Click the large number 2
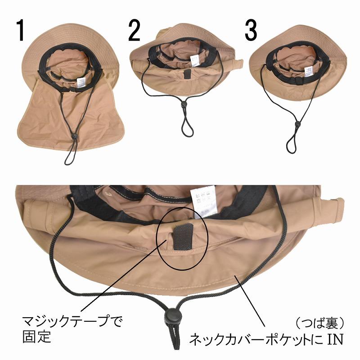click(135, 31)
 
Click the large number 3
click(251, 31)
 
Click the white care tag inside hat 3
click(309, 71)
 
